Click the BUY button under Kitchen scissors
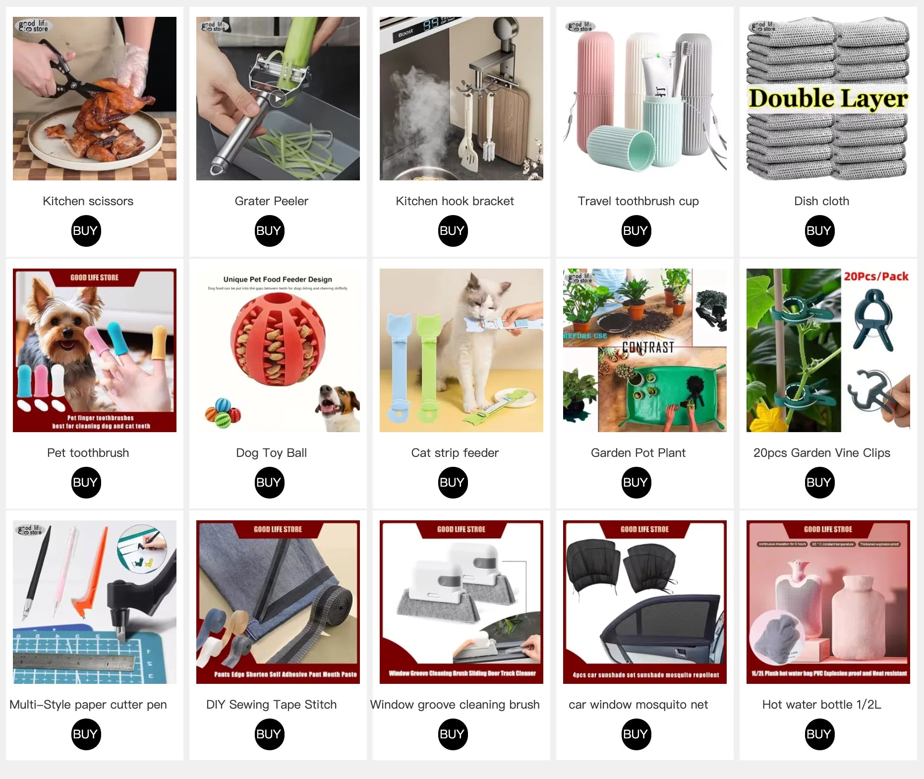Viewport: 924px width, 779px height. (x=86, y=231)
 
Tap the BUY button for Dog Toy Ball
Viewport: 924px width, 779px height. (x=269, y=483)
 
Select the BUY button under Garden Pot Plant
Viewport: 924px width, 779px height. (x=636, y=483)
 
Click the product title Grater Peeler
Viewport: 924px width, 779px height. (x=271, y=201)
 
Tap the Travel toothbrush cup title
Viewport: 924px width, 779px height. (x=638, y=201)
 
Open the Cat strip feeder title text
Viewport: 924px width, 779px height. (x=455, y=453)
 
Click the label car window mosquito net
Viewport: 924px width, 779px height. (x=638, y=705)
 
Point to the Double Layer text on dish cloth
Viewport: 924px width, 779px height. (x=828, y=98)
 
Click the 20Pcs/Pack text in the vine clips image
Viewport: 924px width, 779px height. (x=876, y=277)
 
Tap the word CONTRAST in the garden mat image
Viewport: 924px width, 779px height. (x=648, y=347)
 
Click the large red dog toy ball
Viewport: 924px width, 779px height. (x=278, y=339)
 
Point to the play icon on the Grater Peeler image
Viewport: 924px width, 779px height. (x=278, y=99)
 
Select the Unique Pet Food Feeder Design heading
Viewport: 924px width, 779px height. (x=278, y=279)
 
